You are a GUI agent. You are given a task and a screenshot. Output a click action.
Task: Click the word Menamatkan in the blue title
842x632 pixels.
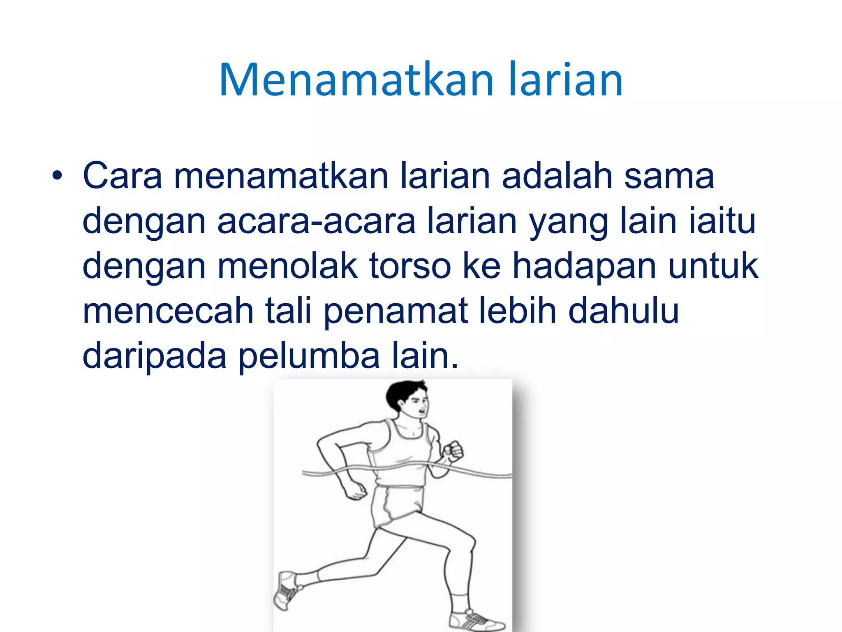pyautogui.click(x=356, y=80)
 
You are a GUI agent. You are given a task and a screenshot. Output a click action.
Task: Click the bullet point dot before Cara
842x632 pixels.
pyautogui.click(x=57, y=176)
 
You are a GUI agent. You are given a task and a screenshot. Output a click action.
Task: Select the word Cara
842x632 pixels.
pyautogui.click(x=123, y=176)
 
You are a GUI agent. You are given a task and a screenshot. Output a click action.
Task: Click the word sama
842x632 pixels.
pyautogui.click(x=669, y=176)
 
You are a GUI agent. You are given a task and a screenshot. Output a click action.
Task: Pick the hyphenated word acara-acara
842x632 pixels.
pyautogui.click(x=316, y=221)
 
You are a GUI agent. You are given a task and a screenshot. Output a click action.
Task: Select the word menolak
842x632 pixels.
pyautogui.click(x=288, y=266)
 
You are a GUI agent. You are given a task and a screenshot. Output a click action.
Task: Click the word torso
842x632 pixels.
pyautogui.click(x=410, y=266)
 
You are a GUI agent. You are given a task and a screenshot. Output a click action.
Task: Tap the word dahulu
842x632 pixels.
pyautogui.click(x=623, y=311)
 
